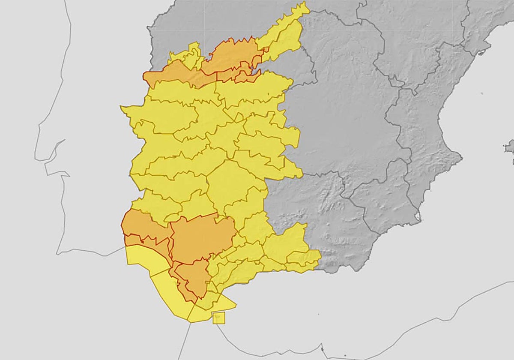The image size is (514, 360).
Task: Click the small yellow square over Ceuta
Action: [x=218, y=318]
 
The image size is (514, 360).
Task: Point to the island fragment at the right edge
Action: [x=510, y=148]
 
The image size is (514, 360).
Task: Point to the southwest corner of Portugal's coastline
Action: [x=58, y=253]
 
